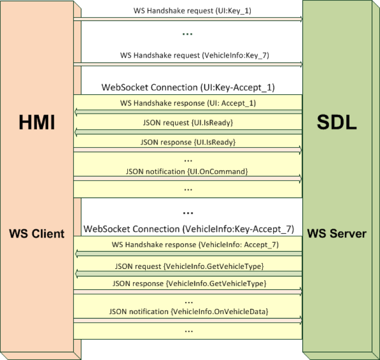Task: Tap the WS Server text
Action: click(x=337, y=233)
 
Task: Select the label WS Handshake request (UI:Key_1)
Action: click(x=186, y=10)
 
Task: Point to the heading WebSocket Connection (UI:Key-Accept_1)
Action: click(x=188, y=87)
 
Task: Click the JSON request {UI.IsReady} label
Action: click(x=188, y=123)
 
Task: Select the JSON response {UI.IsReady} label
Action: click(x=188, y=142)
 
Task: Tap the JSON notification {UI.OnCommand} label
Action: click(x=188, y=171)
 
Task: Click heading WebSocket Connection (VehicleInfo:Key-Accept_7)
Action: click(x=189, y=229)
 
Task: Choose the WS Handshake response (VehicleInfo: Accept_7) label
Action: click(x=195, y=245)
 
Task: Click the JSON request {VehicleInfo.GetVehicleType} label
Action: click(x=189, y=266)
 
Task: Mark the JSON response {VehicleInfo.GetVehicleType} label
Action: click(x=189, y=284)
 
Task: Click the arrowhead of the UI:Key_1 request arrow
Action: click(x=300, y=19)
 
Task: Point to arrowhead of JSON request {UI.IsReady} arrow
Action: click(x=76, y=132)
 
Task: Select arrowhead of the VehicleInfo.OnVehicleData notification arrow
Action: click(x=300, y=321)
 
